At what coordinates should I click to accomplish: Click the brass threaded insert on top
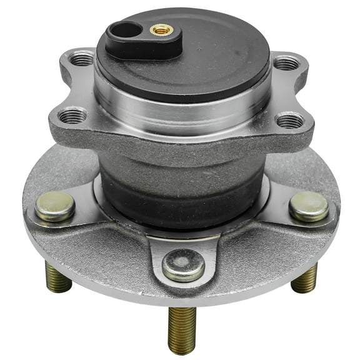(x=161, y=29)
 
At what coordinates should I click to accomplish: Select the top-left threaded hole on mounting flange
(x=82, y=61)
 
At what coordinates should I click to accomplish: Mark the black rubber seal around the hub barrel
(x=181, y=191)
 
